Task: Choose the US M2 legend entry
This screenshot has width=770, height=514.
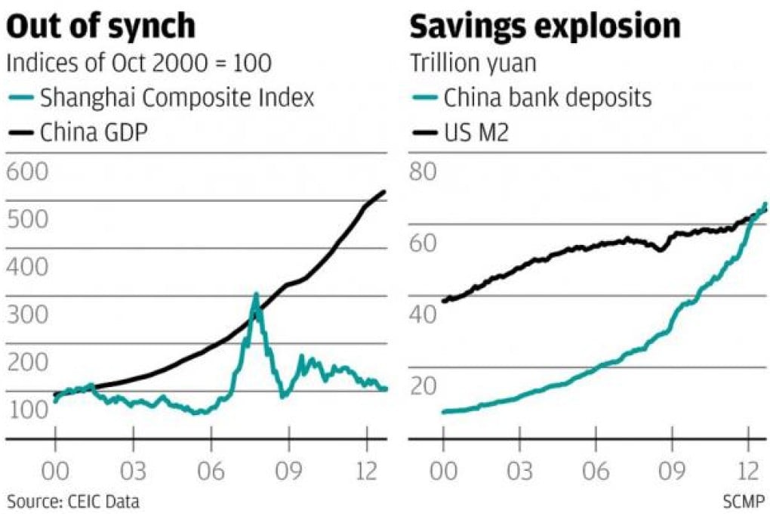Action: tap(476, 135)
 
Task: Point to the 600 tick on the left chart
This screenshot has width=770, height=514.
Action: tap(28, 172)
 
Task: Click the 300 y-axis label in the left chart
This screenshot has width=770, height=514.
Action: tap(28, 315)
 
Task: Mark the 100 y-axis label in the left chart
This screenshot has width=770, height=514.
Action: tap(28, 411)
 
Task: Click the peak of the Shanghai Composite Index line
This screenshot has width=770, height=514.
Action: tap(256, 294)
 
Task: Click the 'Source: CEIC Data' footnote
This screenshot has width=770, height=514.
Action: tap(74, 500)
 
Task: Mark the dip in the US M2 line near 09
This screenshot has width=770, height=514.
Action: tap(660, 249)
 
